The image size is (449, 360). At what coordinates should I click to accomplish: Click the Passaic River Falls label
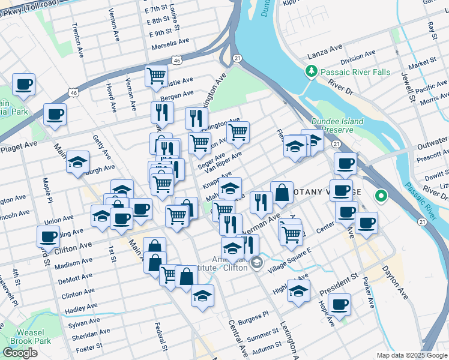[355, 73]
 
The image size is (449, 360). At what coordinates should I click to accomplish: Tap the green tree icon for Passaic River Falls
[311, 73]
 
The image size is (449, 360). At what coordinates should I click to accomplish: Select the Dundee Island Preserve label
[339, 125]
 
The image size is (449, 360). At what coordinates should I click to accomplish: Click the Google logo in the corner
[20, 353]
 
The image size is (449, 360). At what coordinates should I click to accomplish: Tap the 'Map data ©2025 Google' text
[411, 355]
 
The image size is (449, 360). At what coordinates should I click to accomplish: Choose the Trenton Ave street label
[77, 40]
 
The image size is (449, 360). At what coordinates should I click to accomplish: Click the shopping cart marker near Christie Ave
[156, 76]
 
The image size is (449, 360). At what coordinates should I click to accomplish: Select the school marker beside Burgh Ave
[77, 163]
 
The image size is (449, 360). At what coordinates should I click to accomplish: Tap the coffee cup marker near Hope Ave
[340, 304]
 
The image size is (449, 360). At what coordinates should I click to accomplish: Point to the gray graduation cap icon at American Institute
[257, 262]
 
